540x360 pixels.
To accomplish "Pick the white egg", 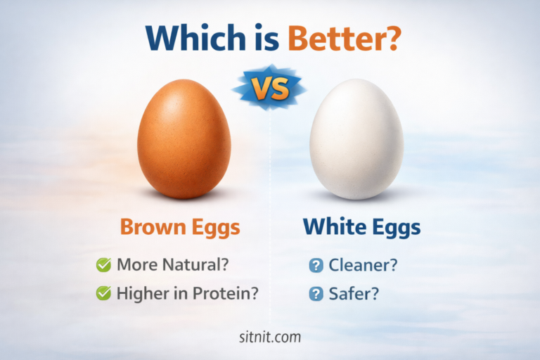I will pyautogui.click(x=357, y=139).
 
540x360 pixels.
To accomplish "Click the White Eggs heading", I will pyautogui.click(x=361, y=227).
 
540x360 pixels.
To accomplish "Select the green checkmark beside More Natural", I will pyautogui.click(x=103, y=265).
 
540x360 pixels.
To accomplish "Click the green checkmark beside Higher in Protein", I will pyautogui.click(x=103, y=294).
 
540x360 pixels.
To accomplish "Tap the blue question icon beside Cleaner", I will pyautogui.click(x=316, y=265).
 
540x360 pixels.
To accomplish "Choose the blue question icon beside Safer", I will pyautogui.click(x=316, y=294).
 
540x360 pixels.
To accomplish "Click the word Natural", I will pyautogui.click(x=194, y=265).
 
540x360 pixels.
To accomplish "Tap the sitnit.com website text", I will pyautogui.click(x=269, y=337).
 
